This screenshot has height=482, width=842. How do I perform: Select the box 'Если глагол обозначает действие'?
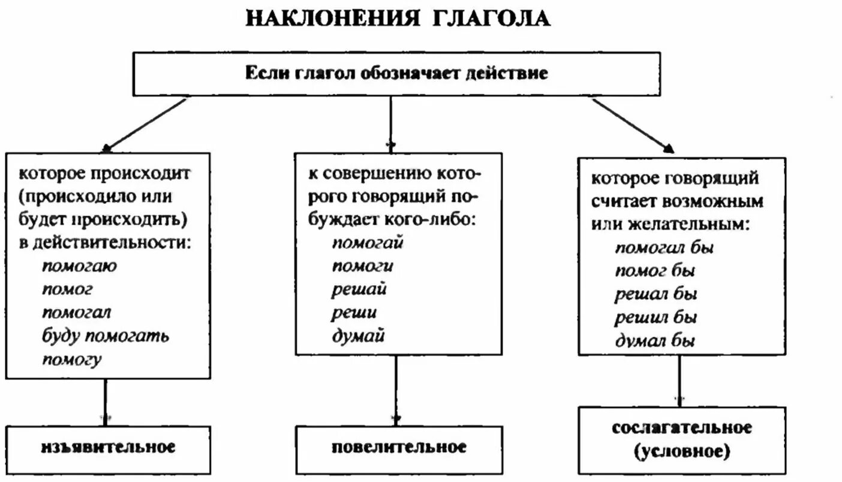coord(396,74)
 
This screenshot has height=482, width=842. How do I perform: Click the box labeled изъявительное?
coord(109,447)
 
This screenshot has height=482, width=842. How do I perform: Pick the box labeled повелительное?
coord(398,447)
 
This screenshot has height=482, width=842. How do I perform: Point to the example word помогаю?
coord(80,266)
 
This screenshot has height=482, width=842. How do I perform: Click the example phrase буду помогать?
coord(106,335)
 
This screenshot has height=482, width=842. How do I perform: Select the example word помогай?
coord(368,243)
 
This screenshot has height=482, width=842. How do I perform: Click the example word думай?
coord(358,336)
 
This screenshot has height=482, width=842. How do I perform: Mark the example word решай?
coord(359,289)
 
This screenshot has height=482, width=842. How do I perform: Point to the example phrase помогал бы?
coord(664,247)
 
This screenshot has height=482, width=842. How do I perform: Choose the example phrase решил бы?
coord(655,317)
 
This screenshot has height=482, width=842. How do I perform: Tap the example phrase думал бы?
coord(655,341)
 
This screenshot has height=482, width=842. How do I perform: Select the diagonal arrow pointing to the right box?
coord(632,125)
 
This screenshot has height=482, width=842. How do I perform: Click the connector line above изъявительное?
coord(106,402)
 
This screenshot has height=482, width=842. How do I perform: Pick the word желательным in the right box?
coord(687,224)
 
